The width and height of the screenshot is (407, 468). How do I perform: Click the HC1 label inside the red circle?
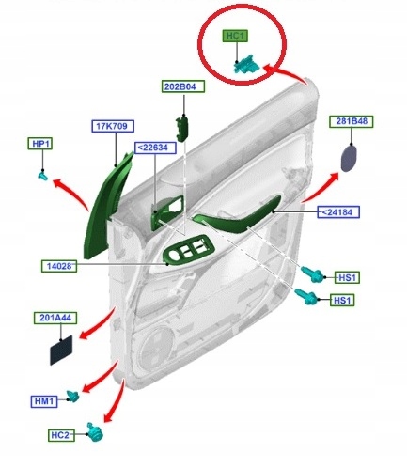click(x=235, y=37)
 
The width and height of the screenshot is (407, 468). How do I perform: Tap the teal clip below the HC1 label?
click(x=245, y=64)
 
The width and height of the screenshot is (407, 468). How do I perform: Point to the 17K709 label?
click(x=109, y=125)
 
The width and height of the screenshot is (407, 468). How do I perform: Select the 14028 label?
click(x=58, y=267)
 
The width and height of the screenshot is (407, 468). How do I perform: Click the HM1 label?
click(x=45, y=401)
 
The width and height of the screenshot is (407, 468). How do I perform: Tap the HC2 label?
click(x=62, y=435)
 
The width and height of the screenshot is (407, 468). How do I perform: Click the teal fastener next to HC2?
click(x=93, y=431)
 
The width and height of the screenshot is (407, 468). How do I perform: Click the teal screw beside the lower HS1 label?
click(x=306, y=297)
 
